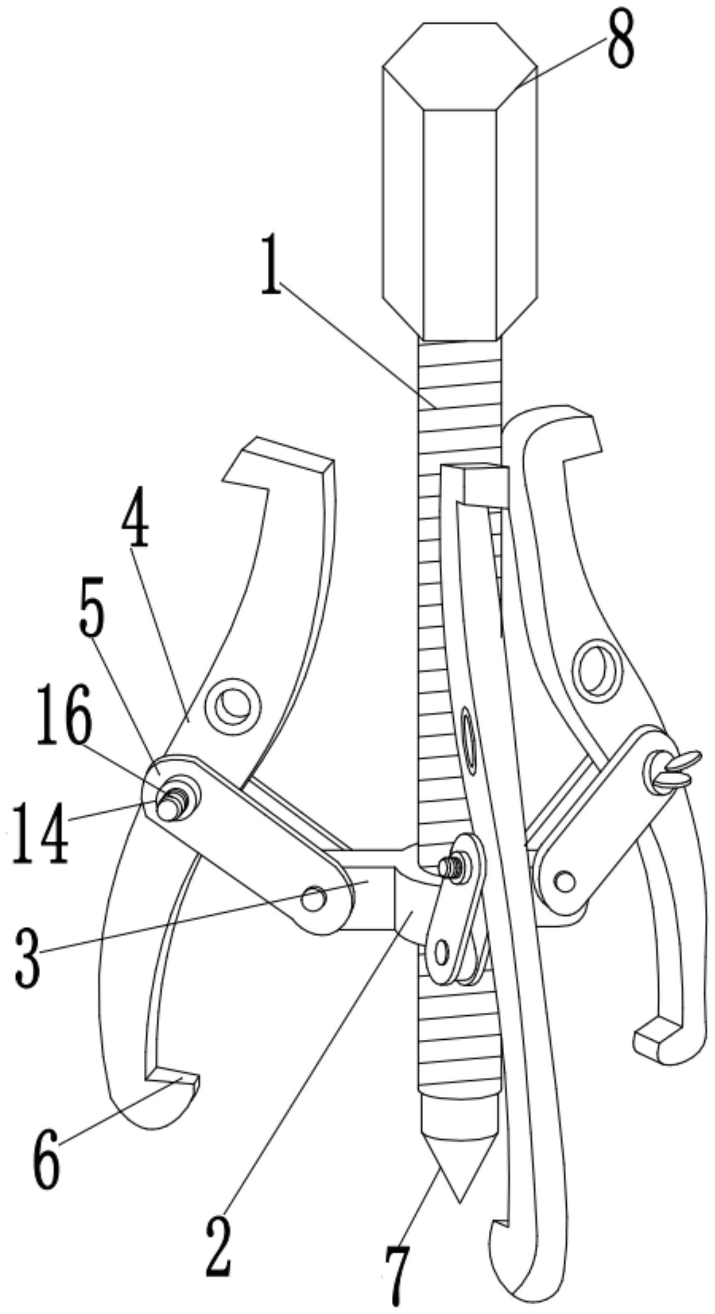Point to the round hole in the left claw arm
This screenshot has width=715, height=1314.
click(x=233, y=707)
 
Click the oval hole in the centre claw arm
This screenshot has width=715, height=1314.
click(x=469, y=735)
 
